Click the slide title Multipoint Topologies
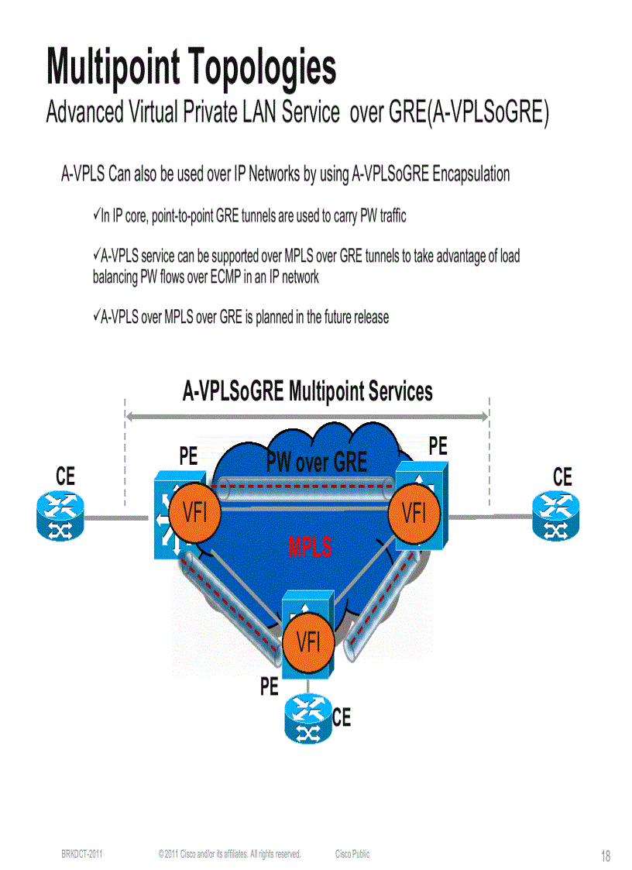point(191,67)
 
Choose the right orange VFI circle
point(414,513)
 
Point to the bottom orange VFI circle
point(308,642)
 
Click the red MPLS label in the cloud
point(310,548)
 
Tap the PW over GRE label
point(316,463)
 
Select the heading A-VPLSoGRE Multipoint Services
point(307,391)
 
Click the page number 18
point(605,856)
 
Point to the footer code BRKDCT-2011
point(82,854)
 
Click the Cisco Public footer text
point(352,854)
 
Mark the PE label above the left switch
point(188,457)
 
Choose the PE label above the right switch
point(438,445)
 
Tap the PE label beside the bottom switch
point(269,686)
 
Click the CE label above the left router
point(66,478)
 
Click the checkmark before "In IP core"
point(97,215)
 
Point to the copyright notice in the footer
point(229,854)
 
